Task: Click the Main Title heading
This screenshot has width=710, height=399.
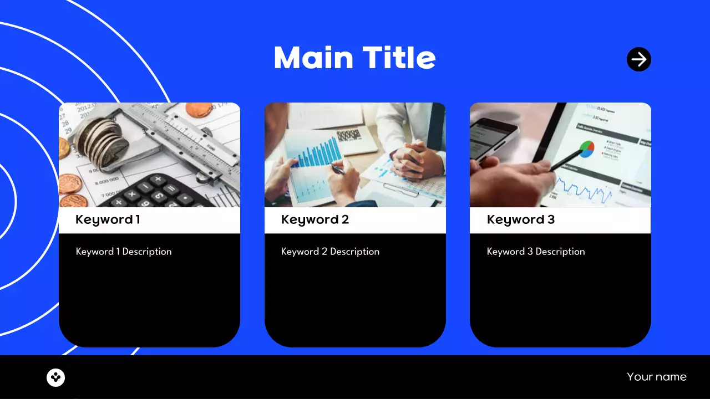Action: point(354,58)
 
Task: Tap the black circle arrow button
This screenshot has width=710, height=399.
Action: point(639,59)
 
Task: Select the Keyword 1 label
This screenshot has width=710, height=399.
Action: point(108,219)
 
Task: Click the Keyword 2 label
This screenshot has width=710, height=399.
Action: point(315,219)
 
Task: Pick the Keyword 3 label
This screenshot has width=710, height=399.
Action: point(521,219)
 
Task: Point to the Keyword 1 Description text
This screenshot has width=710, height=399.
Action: point(124,252)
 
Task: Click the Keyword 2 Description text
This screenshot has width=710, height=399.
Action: point(330,252)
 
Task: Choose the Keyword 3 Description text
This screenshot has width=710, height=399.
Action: point(536,252)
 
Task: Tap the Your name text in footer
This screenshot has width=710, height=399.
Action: point(657,377)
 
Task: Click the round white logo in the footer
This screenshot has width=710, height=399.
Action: point(56,377)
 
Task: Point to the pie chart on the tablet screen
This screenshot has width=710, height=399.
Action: point(586,149)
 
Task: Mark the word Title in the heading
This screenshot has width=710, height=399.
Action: point(399,58)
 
